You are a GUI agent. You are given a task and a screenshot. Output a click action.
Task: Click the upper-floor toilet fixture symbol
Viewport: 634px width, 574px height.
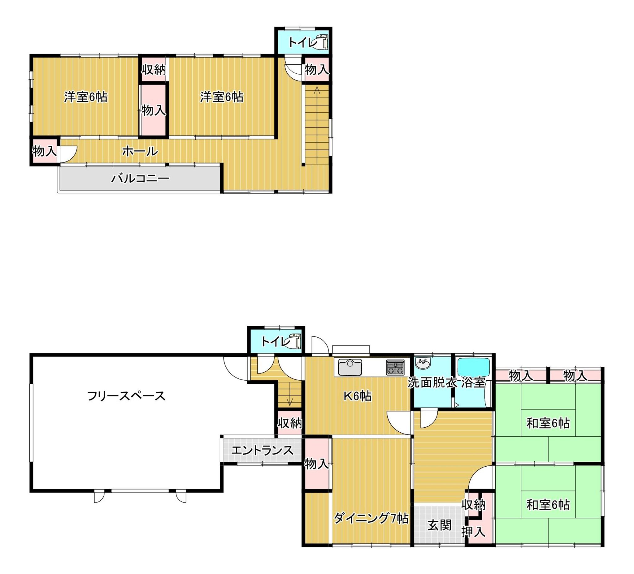click(321, 42)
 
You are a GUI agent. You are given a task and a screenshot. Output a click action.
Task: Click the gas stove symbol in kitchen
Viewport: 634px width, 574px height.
click(395, 367)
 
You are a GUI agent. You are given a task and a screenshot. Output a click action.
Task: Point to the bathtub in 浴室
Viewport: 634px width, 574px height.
click(474, 367)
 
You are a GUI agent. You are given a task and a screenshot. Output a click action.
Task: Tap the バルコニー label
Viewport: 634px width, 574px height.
click(140, 179)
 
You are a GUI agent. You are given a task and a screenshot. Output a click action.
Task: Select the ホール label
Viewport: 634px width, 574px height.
click(140, 152)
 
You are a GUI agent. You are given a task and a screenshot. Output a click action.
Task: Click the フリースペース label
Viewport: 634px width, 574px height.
click(126, 396)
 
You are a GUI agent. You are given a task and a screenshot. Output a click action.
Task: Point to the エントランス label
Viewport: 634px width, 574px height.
click(262, 451)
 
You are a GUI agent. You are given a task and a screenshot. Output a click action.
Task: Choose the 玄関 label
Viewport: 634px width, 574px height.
click(439, 525)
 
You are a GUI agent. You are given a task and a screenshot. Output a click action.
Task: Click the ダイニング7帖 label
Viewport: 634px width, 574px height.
click(371, 518)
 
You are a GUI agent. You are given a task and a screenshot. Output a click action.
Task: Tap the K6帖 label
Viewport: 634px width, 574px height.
click(357, 396)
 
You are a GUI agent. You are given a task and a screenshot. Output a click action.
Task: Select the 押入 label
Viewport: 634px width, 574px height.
click(473, 532)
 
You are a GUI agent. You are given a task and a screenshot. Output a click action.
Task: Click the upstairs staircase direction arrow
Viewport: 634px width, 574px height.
click(317, 91)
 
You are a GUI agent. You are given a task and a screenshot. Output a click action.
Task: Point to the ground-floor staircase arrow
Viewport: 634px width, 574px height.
click(290, 401)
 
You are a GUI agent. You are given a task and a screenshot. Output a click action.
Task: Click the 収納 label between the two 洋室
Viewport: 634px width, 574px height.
click(153, 70)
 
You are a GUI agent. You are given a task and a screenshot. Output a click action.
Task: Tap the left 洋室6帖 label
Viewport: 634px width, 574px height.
click(85, 97)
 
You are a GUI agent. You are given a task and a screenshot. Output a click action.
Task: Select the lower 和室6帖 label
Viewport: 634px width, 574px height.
click(548, 505)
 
